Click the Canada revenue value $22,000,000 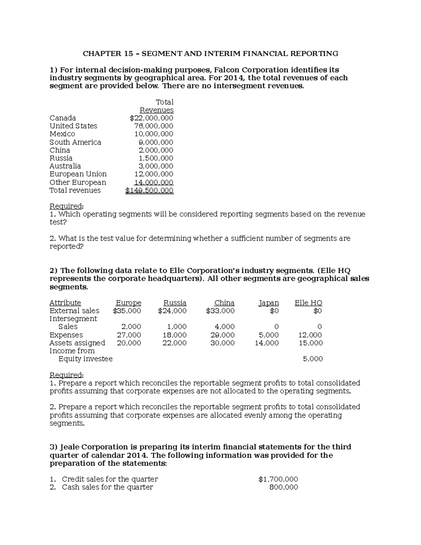pos(151,118)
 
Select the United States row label pos(73,126)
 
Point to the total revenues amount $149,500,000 pos(149,191)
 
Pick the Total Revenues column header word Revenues pos(156,110)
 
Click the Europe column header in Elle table pos(128,303)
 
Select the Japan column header pos(269,303)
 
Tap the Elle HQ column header pos(308,303)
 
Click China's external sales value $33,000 pos(220,311)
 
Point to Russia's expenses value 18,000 pos(174,335)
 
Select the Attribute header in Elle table pos(65,303)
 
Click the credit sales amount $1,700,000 pos(278,479)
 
